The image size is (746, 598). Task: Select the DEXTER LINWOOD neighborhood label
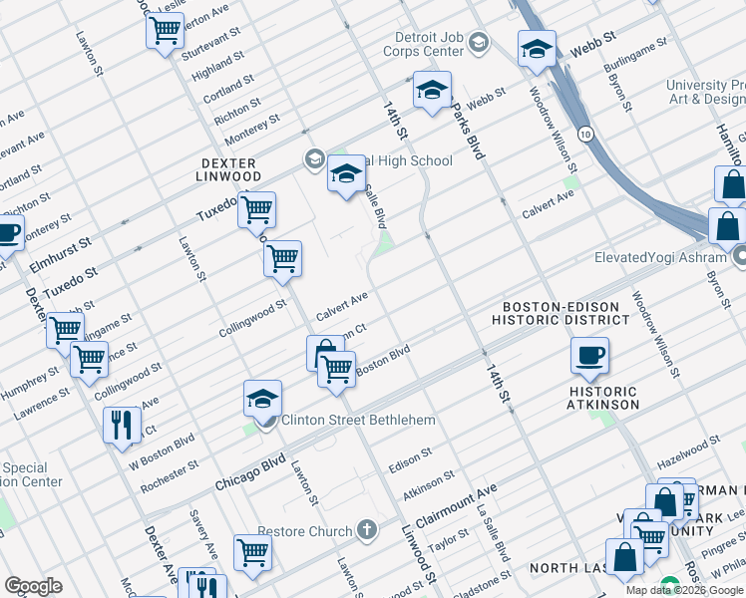tap(228, 169)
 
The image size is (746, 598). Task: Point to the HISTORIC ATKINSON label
tap(602, 398)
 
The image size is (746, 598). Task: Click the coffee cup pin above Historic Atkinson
tap(589, 355)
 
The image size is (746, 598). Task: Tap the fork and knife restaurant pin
tap(122, 425)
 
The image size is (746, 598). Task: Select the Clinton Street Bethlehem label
tap(358, 420)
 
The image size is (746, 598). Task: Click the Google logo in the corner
tap(33, 586)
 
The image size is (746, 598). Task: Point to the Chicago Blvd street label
tap(250, 472)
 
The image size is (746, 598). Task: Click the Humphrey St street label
tap(31, 388)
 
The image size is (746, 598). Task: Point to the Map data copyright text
tap(684, 590)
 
